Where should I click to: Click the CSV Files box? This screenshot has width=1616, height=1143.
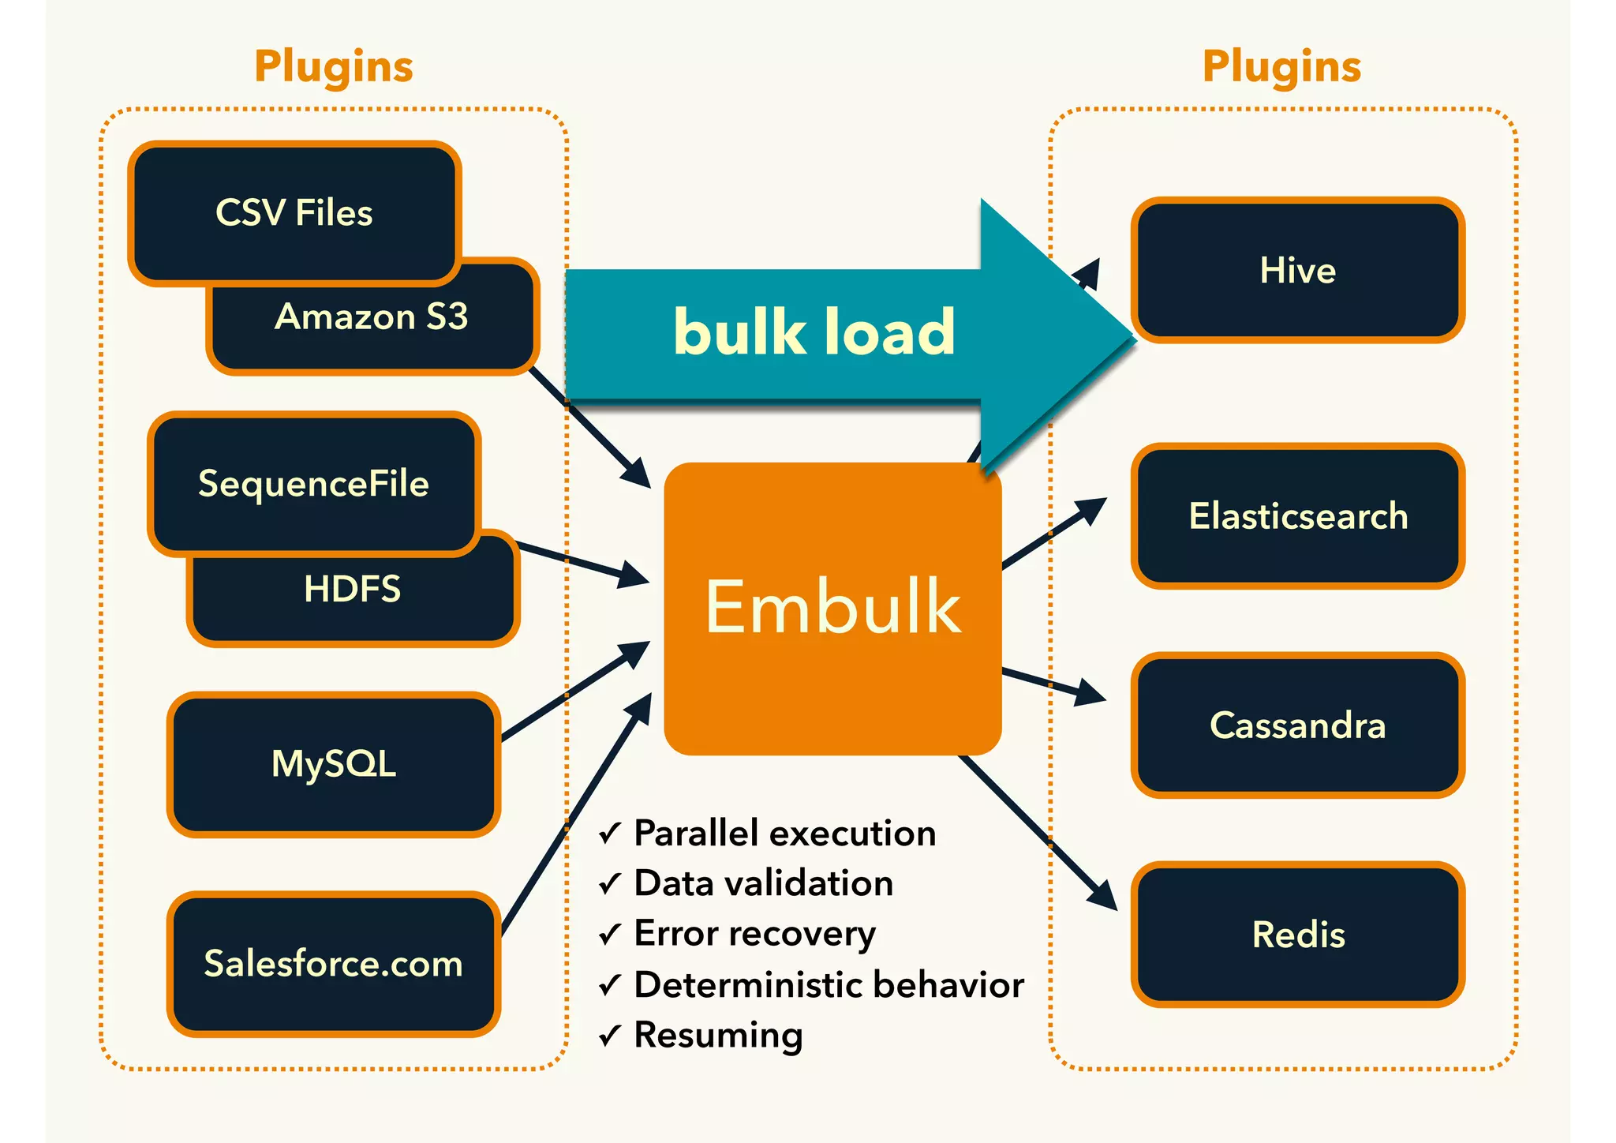[294, 212]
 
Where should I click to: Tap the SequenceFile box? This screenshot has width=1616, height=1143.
[313, 483]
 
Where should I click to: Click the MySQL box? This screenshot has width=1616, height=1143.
[333, 764]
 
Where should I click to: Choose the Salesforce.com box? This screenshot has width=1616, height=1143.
[333, 964]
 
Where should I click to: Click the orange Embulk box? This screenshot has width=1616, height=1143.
[832, 608]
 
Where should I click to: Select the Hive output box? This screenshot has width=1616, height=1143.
[1297, 271]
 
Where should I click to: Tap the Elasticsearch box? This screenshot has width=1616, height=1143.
[1297, 516]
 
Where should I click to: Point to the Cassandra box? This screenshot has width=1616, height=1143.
[1297, 725]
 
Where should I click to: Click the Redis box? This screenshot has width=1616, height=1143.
[1297, 935]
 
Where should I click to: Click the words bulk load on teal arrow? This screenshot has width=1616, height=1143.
[814, 332]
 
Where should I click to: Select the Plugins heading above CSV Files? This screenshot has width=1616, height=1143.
[334, 66]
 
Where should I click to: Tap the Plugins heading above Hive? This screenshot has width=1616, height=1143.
[1281, 66]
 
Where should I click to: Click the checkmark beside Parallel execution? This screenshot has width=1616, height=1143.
[610, 834]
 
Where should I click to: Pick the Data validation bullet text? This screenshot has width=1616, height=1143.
[763, 883]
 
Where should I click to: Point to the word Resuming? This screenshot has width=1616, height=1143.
[718, 1035]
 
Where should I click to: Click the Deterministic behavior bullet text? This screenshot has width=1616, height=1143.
[829, 984]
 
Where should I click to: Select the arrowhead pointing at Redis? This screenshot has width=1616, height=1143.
[1105, 896]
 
